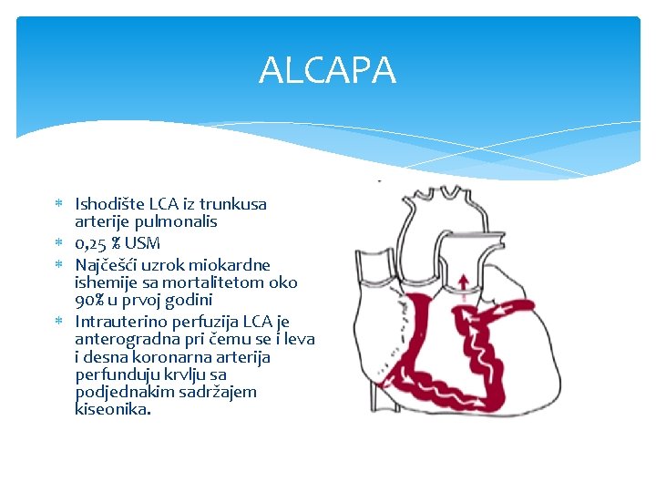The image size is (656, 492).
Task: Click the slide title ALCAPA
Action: pyautogui.click(x=327, y=70)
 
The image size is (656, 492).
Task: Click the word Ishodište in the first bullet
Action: pyautogui.click(x=107, y=204)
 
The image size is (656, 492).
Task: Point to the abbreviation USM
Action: pyautogui.click(x=143, y=243)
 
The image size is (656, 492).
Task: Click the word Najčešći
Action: pyautogui.click(x=108, y=265)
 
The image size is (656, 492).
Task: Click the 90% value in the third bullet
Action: pyautogui.click(x=90, y=300)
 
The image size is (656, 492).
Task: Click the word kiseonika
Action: pyautogui.click(x=112, y=409)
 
